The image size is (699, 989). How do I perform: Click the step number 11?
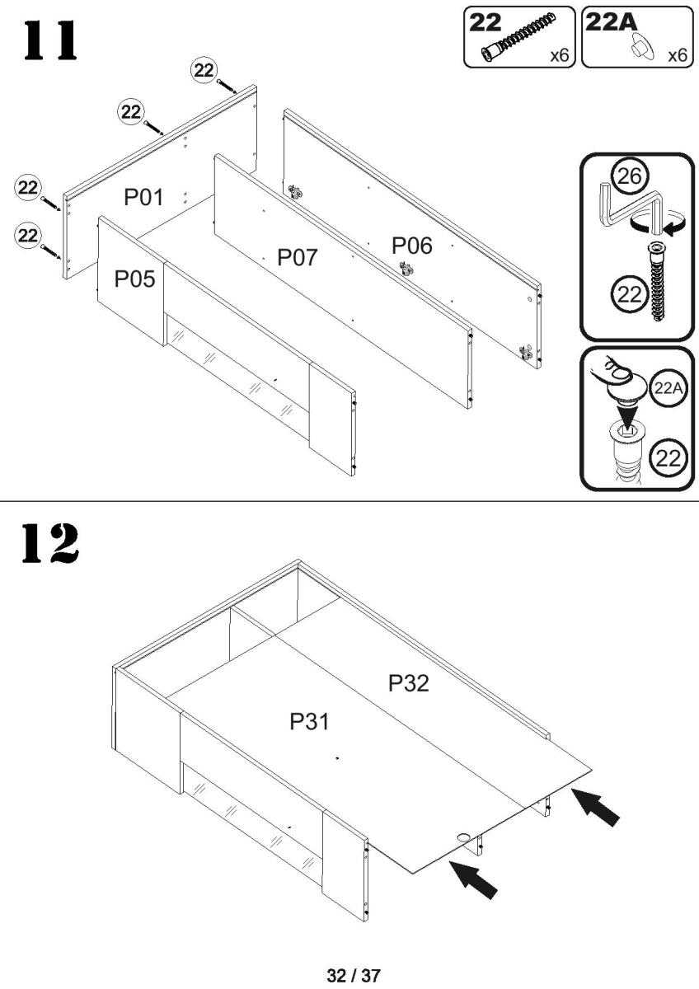point(50,40)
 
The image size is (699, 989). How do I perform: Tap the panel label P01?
point(144,197)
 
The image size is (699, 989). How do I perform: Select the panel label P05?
point(134,279)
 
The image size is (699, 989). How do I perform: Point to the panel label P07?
point(298,257)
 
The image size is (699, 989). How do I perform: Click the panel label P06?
point(412,246)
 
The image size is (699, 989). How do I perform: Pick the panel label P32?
point(409,683)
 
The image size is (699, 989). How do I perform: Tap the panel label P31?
point(309,721)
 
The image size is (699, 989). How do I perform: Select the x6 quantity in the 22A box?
point(678,56)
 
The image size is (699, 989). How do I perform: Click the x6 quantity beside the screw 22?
point(560,56)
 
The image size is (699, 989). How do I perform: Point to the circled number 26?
point(630,176)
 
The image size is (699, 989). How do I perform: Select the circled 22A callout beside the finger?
point(669,388)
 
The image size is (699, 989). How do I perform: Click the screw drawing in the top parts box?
point(518,39)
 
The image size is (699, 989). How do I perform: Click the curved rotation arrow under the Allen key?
point(658,223)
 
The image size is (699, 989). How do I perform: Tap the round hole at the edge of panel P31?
point(463,837)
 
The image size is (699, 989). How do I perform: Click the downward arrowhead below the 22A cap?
point(627,415)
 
